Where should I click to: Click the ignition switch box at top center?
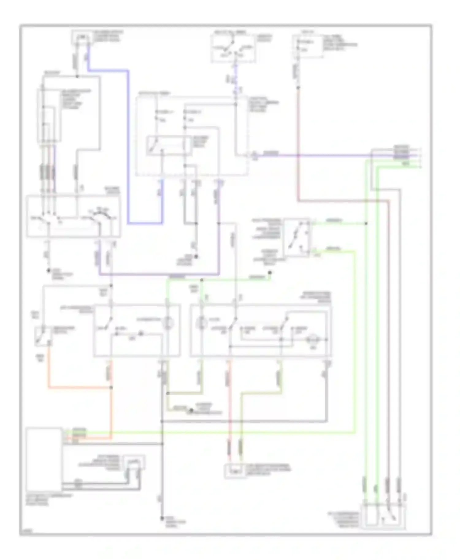point(233,48)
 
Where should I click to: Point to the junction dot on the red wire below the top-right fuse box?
point(298,88)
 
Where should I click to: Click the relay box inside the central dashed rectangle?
point(169,145)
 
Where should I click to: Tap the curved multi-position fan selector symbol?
point(99,216)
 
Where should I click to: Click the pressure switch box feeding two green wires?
point(296,238)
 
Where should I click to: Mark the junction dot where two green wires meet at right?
point(366,223)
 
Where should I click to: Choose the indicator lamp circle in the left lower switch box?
point(168,323)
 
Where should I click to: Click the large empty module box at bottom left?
point(44,459)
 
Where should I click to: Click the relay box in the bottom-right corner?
point(383,516)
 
